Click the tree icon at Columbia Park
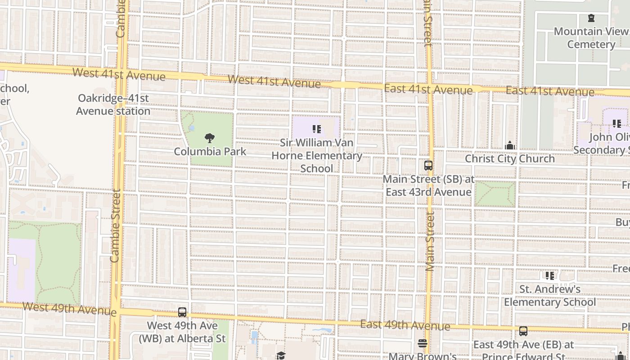(209, 138)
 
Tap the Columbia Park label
(210, 151)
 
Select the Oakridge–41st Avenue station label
(113, 104)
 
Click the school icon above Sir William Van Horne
(316, 130)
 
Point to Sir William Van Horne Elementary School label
(317, 155)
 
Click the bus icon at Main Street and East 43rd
(428, 166)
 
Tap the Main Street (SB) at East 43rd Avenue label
(428, 185)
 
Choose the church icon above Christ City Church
(510, 145)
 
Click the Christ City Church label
(510, 158)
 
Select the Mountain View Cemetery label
(591, 38)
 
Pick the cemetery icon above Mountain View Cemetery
(591, 18)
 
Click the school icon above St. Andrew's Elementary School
(549, 276)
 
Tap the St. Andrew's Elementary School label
(549, 296)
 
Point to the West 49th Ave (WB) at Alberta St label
(182, 332)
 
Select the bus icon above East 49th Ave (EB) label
(523, 331)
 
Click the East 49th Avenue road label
(405, 325)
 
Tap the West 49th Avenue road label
(69, 309)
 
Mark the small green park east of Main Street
(495, 194)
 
